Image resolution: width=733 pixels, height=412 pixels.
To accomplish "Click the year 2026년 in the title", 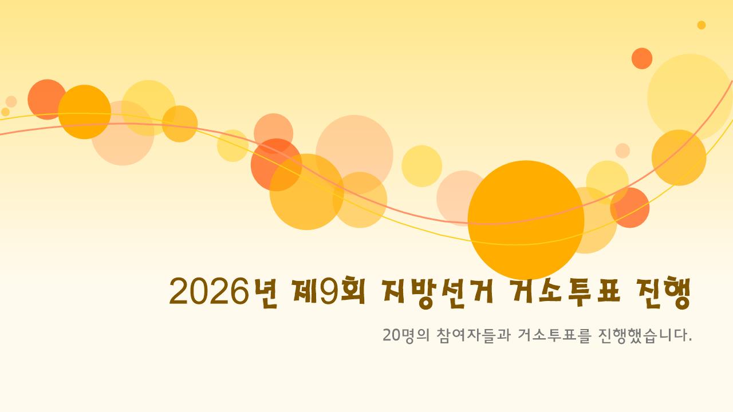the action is pos(223,292).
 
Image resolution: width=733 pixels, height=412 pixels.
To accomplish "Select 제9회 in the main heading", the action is pos(329,291).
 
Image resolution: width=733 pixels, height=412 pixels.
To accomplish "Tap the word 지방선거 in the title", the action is pos(437,292).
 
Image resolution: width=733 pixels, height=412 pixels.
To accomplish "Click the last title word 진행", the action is pos(664,292).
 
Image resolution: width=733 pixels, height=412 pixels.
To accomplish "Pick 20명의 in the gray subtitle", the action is pos(406,335).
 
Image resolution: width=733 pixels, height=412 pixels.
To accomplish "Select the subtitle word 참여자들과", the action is pos(474,335).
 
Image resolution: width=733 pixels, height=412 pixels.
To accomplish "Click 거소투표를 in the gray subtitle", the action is pos(554,335).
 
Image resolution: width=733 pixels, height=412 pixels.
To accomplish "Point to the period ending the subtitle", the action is pos(690,340).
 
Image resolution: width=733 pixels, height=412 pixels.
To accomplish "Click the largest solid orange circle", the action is pos(526,220).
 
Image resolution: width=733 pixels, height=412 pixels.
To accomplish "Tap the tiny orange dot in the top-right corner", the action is pos(702,25).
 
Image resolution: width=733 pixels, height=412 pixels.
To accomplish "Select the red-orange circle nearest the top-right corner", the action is pos(642,58).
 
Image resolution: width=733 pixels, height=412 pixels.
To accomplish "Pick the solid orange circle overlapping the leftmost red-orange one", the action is pos(84,112).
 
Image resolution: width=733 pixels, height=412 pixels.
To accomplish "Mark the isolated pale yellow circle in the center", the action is pos(422,166).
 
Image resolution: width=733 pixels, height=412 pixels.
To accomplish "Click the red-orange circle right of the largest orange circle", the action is pos(630,208).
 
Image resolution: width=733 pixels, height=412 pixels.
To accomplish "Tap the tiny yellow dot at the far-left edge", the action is pos(5,112).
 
